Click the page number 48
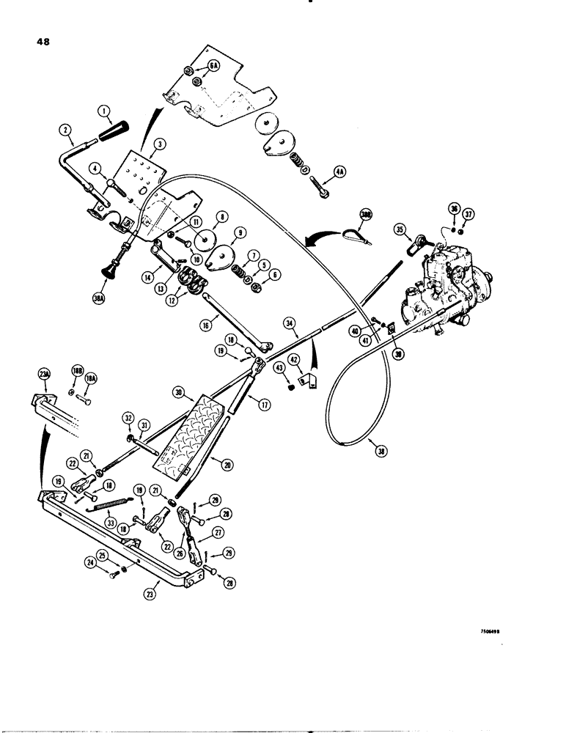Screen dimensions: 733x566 click(x=42, y=42)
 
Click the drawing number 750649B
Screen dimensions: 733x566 click(x=495, y=630)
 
